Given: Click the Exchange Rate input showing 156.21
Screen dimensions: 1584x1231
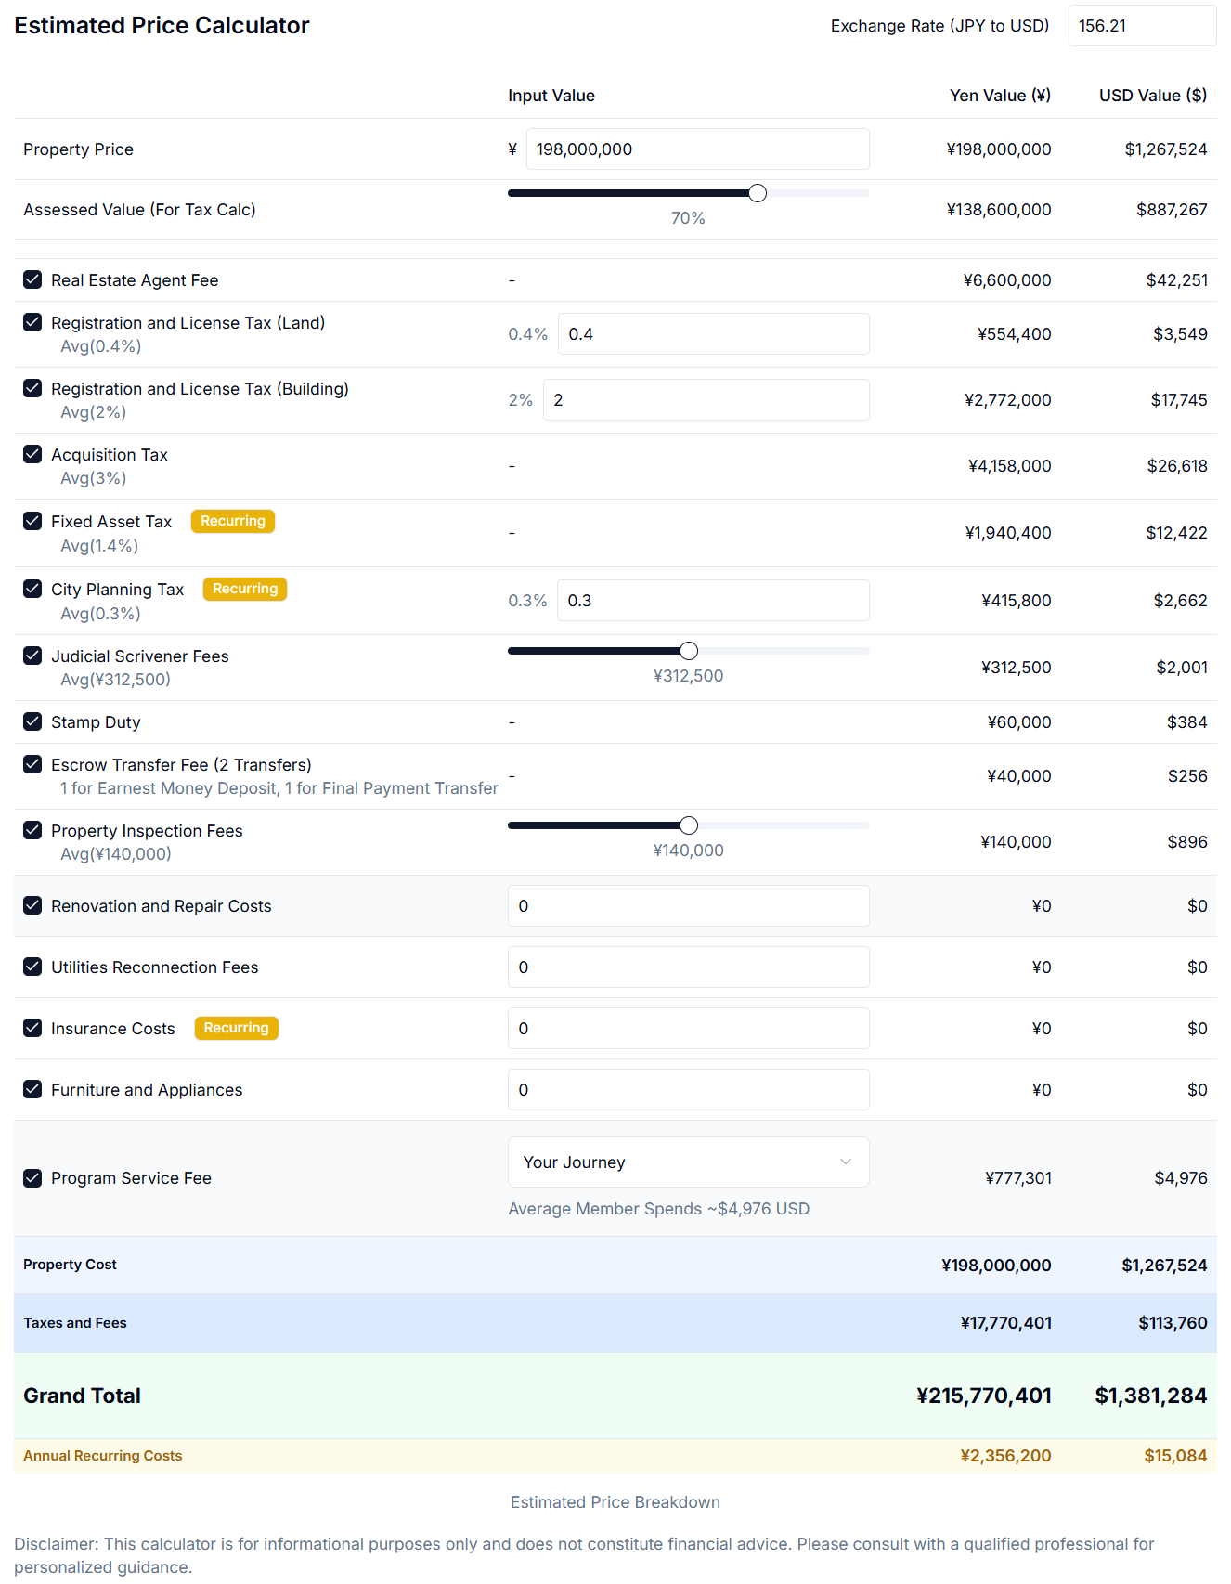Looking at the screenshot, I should (x=1141, y=26).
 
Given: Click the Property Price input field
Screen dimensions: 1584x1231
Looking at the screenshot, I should (x=697, y=149).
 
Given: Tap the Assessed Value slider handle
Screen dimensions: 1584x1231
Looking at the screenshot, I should (x=758, y=193).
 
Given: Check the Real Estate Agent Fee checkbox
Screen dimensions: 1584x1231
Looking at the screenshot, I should (x=32, y=279).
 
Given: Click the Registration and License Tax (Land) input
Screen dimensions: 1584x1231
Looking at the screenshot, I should (x=712, y=334).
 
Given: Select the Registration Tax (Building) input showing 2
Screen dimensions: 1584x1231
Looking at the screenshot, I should (x=706, y=400).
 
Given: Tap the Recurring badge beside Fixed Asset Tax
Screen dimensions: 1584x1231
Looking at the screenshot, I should (x=233, y=521).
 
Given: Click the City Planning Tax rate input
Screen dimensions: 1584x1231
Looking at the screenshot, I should (x=712, y=601).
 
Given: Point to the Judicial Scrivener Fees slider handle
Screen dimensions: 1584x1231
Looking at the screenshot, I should (x=689, y=651).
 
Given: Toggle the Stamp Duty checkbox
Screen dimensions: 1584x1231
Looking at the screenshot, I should (x=32, y=721).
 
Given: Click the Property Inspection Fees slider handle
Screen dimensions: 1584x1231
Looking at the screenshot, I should (x=689, y=825).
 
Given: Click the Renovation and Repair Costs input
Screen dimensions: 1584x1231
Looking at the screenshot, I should (x=688, y=906).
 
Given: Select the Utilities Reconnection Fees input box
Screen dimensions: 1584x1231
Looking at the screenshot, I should (x=688, y=967).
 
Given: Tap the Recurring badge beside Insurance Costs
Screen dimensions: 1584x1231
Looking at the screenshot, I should (x=236, y=1028).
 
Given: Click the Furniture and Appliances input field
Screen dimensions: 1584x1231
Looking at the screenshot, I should (x=688, y=1090).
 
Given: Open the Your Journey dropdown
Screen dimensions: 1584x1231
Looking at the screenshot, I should (x=688, y=1162).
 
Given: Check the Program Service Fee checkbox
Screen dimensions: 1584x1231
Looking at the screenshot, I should (x=32, y=1178).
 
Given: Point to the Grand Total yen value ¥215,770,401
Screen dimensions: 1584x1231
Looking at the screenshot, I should (x=983, y=1396).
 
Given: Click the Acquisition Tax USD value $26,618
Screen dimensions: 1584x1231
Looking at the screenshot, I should (x=1176, y=466).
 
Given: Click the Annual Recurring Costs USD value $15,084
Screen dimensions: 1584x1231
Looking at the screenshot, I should (x=1175, y=1456).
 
